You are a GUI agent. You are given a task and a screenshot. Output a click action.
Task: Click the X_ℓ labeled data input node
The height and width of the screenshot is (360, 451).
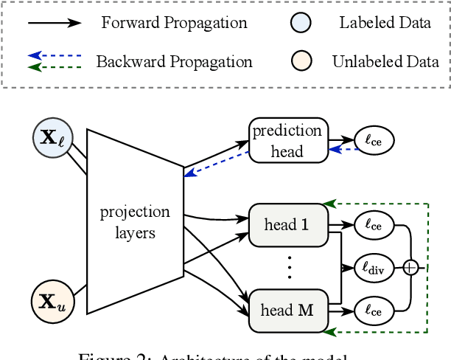point(52,140)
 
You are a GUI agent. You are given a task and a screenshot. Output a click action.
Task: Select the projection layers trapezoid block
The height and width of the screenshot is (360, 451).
point(134,221)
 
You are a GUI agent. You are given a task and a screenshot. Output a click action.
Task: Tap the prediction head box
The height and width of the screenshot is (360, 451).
point(287,140)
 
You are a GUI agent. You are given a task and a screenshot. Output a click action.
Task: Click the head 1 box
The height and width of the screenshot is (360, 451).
point(287,225)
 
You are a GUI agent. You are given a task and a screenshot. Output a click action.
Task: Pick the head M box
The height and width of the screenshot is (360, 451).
point(287,311)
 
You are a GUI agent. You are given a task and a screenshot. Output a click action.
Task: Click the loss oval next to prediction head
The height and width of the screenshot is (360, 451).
point(374,139)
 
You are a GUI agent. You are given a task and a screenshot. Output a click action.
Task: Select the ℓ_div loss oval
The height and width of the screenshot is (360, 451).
point(374,268)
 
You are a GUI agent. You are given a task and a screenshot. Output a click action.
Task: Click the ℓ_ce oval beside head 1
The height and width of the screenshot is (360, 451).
point(374,224)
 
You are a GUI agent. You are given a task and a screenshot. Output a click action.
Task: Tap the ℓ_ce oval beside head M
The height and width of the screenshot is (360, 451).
point(374,311)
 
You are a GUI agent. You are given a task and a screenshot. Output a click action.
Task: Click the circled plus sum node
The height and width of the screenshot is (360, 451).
point(410,268)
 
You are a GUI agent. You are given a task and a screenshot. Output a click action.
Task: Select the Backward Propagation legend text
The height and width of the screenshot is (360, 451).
point(174,62)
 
